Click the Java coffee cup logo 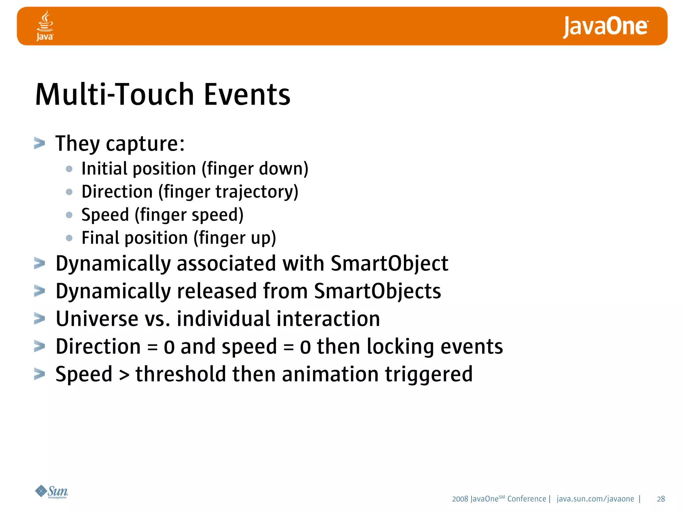[x=45, y=25]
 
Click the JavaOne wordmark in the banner [x=605, y=27]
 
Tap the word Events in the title [x=247, y=95]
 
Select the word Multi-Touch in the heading [x=115, y=95]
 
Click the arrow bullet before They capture [x=40, y=143]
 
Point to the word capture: [x=145, y=144]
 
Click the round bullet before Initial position [x=69, y=169]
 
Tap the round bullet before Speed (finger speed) [x=69, y=215]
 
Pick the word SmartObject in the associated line [x=389, y=264]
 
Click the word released [x=217, y=291]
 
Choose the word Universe [x=97, y=319]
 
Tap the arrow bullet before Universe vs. [x=40, y=319]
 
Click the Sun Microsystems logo [x=52, y=492]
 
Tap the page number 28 [x=661, y=499]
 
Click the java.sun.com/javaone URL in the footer [x=595, y=499]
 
